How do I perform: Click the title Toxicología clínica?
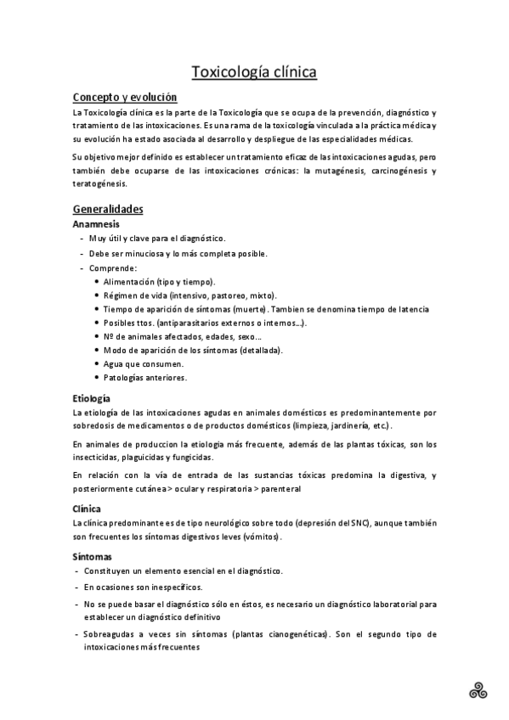click(254, 72)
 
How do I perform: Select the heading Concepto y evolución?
click(125, 98)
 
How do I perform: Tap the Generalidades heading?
click(108, 209)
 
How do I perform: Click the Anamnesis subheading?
click(96, 224)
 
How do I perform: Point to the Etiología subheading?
click(92, 397)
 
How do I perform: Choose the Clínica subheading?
click(88, 509)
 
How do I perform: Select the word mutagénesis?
click(337, 172)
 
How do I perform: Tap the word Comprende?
click(112, 267)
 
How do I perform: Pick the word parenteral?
click(277, 489)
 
